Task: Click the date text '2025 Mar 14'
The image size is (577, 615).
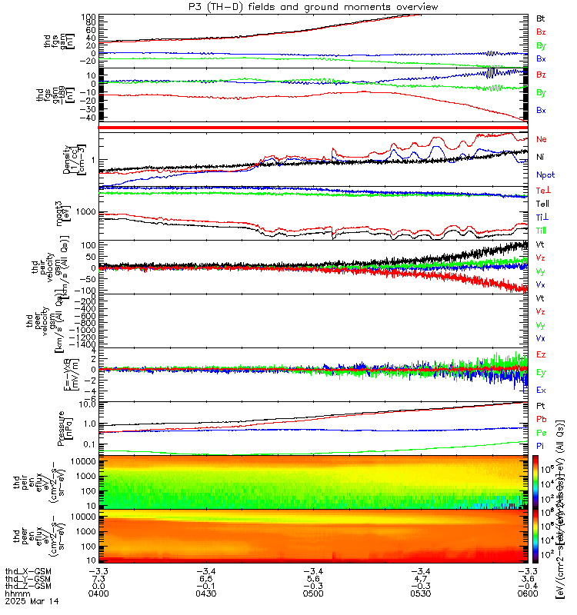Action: pyautogui.click(x=25, y=603)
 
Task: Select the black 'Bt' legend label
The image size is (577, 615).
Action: pyautogui.click(x=541, y=18)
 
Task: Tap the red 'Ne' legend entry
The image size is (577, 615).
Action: pyautogui.click(x=542, y=139)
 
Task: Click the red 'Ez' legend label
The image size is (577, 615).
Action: pyautogui.click(x=542, y=354)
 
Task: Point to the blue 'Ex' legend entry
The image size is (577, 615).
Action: pyautogui.click(x=542, y=390)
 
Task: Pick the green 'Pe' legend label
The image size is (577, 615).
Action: pyautogui.click(x=542, y=432)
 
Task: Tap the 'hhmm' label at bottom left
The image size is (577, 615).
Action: pyautogui.click(x=15, y=594)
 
